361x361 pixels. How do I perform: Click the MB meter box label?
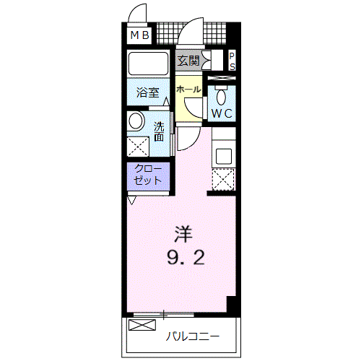140,35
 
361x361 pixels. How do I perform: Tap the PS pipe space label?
232,61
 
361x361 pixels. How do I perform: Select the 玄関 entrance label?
188,61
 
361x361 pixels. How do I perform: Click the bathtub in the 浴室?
148,64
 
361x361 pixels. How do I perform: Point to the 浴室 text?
148,92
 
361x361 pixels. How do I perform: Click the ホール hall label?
188,90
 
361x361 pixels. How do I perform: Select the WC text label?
222,113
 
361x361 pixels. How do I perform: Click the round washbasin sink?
136,121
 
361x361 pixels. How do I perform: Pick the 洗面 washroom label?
159,131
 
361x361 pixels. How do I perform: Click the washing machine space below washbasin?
138,147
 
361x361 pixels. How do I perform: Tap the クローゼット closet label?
148,175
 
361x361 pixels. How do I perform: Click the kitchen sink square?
224,156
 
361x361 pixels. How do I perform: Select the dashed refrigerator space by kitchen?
223,180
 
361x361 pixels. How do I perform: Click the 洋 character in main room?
183,234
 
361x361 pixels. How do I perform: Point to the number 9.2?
186,257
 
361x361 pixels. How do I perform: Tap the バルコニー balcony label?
193,336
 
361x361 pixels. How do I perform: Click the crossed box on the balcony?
142,325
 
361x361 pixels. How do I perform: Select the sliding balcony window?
164,314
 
